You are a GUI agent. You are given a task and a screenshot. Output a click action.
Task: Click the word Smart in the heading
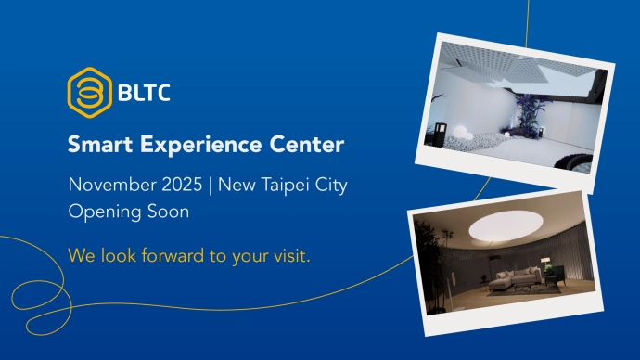[x=95, y=146]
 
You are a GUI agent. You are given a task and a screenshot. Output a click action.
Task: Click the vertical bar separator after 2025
[x=210, y=185]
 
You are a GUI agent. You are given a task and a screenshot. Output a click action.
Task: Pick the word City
[x=330, y=185]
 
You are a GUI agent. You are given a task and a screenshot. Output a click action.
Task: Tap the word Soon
[x=166, y=212]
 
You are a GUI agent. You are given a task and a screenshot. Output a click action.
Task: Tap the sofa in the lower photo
[x=514, y=276]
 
